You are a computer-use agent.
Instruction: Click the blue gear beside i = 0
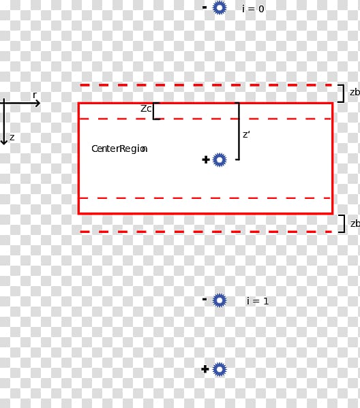[x=220, y=7]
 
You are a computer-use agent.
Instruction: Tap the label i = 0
[x=253, y=9]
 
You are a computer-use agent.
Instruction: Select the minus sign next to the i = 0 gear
[x=205, y=7]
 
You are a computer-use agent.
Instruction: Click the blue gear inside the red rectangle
[x=220, y=160]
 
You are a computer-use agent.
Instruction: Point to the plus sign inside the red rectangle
[x=206, y=160]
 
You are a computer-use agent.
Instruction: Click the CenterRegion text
[x=119, y=149]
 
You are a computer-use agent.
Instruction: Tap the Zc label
[x=146, y=108]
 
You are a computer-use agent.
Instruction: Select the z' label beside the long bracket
[x=246, y=135]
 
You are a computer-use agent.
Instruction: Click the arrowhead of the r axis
[x=38, y=104]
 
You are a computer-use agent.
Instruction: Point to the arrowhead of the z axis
[x=4, y=142]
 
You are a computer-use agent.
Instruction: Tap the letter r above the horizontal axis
[x=35, y=95]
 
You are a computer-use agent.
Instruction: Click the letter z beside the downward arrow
[x=12, y=138]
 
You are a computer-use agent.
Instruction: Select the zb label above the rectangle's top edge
[x=355, y=92]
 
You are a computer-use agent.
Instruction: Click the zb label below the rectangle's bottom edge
[x=355, y=223]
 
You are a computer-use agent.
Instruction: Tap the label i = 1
[x=257, y=301]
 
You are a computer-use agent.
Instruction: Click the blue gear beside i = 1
[x=220, y=300]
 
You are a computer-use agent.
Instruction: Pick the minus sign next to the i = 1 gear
[x=205, y=300]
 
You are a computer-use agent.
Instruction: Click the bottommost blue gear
[x=220, y=369]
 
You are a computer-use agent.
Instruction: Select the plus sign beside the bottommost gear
[x=205, y=369]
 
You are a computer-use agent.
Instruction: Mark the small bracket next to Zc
[x=153, y=111]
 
